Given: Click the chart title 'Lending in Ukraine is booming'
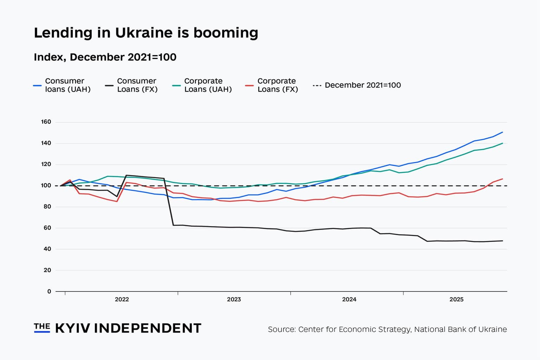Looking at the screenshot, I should [x=146, y=33].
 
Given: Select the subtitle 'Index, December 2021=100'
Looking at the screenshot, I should [x=105, y=57].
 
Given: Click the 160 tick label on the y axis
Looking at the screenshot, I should [x=46, y=122].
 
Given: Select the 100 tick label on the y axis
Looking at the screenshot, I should [x=46, y=186].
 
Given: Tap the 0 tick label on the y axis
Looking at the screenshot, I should [x=49, y=291].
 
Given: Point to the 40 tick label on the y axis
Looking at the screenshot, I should [x=47, y=249].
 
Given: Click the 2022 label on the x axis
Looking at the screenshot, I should [x=122, y=300].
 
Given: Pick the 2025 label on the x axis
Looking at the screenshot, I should [x=456, y=300].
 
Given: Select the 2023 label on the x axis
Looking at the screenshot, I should [x=234, y=300].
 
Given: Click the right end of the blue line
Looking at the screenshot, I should [x=502, y=132].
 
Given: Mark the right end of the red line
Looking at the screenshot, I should [x=502, y=179].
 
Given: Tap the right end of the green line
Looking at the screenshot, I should [x=502, y=143].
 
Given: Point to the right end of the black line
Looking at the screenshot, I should [x=502, y=241].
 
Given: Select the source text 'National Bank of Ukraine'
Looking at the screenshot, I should [x=460, y=329].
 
